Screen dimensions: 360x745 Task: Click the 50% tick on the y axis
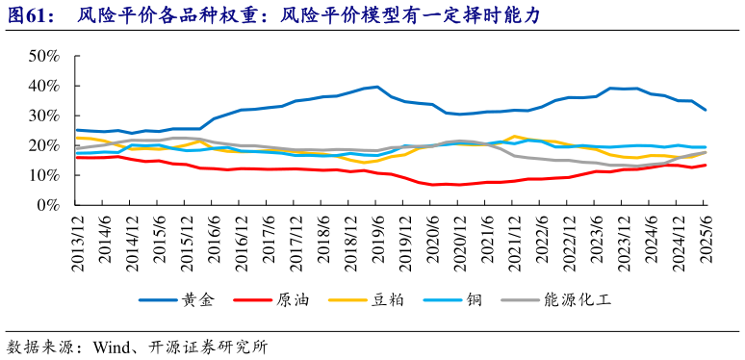tap(45, 56)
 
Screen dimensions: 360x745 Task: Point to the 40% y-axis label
tap(45, 86)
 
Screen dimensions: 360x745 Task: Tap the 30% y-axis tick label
tap(45, 116)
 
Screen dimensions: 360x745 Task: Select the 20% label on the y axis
tap(45, 145)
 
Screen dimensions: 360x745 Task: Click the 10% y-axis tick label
tap(45, 175)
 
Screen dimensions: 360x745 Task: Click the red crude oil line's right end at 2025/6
tap(706, 165)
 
